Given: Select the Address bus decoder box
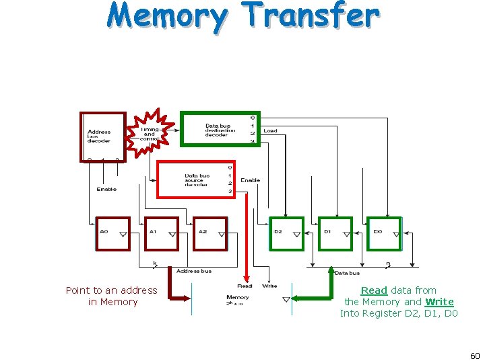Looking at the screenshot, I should point(103,136).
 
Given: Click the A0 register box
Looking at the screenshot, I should point(113,234).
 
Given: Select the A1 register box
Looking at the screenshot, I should point(162,234).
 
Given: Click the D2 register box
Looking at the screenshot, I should point(287,234).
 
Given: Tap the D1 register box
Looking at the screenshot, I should point(335,234).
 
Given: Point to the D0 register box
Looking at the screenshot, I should point(385,234).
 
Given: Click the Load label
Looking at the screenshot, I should point(270,130).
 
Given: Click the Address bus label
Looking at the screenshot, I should point(194,271).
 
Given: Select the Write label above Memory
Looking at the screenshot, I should point(269,286).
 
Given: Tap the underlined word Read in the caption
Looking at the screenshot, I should point(374,290).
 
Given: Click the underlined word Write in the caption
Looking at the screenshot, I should point(439,302).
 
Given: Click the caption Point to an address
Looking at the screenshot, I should point(111,290).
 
